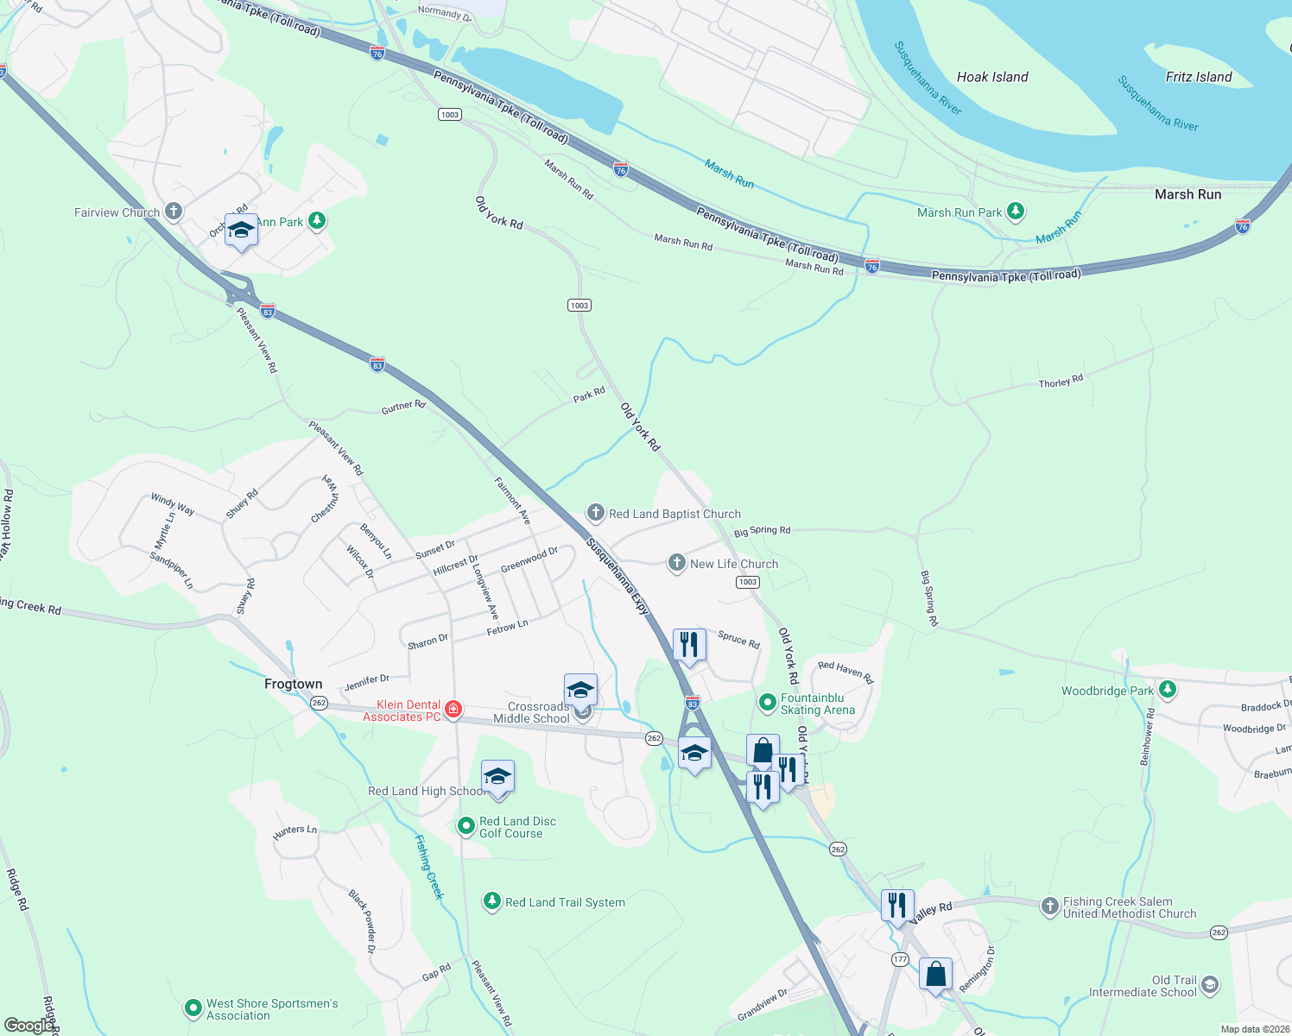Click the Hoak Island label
click(x=992, y=77)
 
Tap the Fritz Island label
click(x=1198, y=77)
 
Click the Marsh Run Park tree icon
click(x=1016, y=212)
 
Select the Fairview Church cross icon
click(x=174, y=212)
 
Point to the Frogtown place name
click(x=293, y=684)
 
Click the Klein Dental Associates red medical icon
click(x=453, y=710)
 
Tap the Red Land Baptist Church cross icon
click(x=595, y=513)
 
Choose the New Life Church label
click(x=734, y=564)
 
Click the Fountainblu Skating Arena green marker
click(x=767, y=703)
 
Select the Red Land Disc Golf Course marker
click(x=466, y=826)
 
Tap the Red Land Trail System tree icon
click(x=491, y=902)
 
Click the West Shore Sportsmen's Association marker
click(x=193, y=1008)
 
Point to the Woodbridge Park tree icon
click(x=1168, y=690)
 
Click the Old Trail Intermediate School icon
click(x=1210, y=985)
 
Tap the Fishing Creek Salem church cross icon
click(x=1049, y=906)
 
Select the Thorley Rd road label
click(x=1060, y=381)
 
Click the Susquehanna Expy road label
click(x=617, y=576)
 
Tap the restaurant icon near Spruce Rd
click(x=688, y=644)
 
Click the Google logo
click(x=28, y=1026)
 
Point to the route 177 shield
click(x=901, y=959)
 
